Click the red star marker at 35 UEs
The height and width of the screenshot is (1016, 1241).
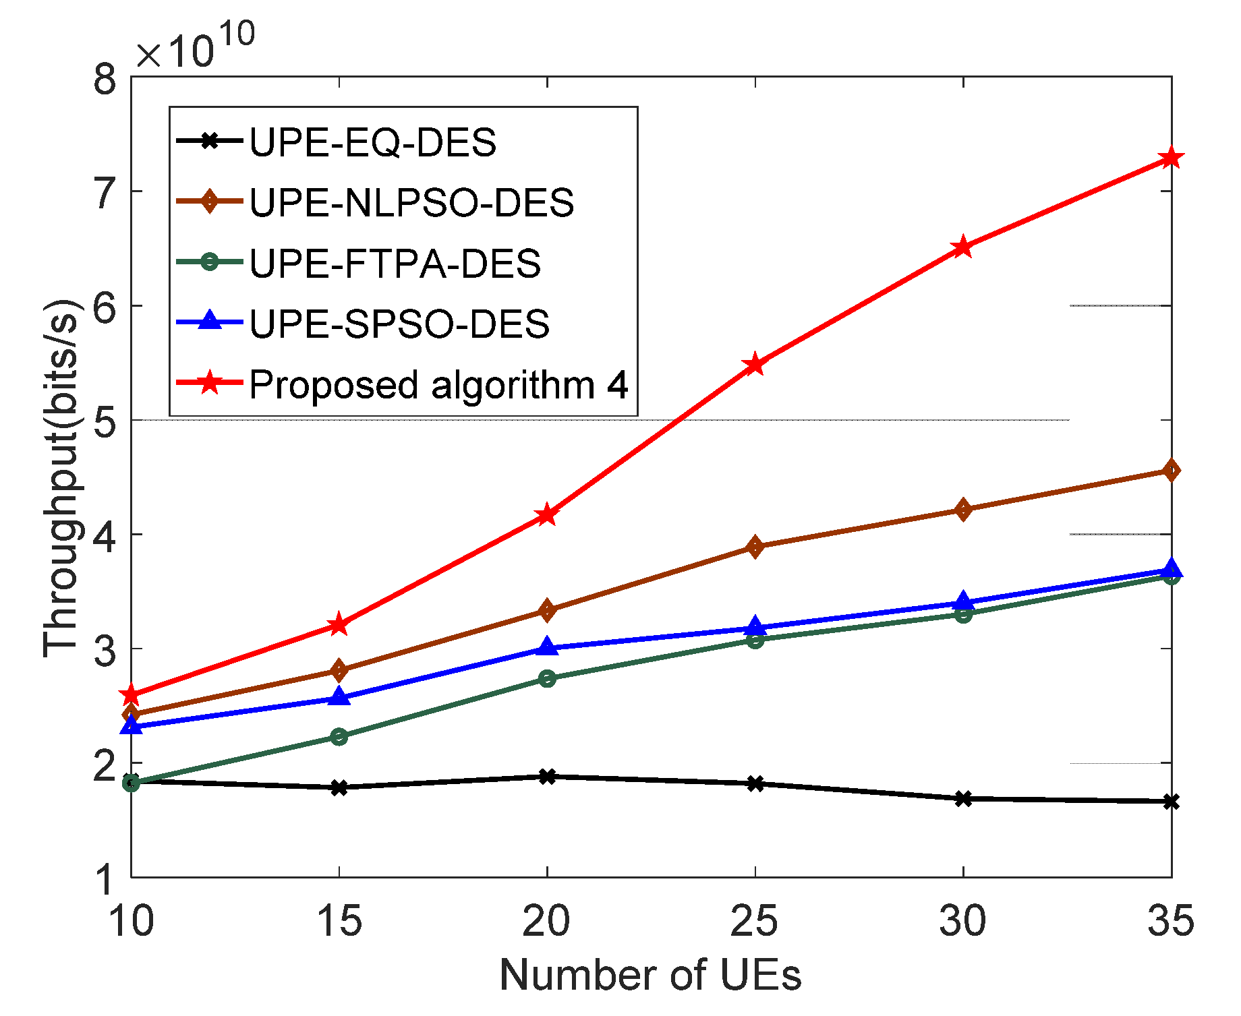point(1172,158)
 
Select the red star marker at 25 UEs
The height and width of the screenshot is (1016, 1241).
point(755,365)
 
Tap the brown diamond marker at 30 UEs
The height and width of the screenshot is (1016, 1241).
point(964,509)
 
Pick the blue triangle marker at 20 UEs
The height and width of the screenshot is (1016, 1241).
point(547,647)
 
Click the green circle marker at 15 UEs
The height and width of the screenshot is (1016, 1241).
point(339,736)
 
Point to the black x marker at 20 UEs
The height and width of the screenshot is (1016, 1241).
point(547,777)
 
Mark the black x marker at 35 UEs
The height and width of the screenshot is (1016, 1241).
point(1172,802)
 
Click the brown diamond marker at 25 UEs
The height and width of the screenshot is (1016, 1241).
point(755,546)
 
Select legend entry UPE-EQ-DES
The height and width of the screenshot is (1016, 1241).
point(372,142)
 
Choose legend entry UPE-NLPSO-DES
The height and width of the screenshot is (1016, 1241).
point(411,202)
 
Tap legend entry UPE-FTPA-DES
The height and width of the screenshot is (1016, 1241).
point(395,263)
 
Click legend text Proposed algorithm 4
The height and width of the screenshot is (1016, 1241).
point(438,385)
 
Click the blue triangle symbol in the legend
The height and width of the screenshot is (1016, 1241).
point(210,321)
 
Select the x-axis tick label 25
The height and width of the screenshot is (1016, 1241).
point(754,921)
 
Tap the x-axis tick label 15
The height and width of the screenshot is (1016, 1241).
point(339,921)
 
